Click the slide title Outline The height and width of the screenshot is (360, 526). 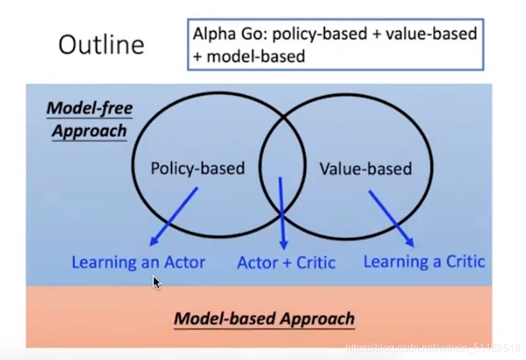pos(101,45)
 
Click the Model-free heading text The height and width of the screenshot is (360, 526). pos(89,108)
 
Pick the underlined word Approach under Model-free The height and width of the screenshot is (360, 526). pos(89,131)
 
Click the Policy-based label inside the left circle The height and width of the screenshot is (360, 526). pos(197,168)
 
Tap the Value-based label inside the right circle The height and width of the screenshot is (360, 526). pos(365,169)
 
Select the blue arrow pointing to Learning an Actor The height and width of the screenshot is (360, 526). pos(173,217)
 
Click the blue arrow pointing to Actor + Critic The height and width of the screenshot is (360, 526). pos(282,214)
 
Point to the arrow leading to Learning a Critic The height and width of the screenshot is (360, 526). pos(391,219)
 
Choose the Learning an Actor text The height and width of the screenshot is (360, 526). pos(138,262)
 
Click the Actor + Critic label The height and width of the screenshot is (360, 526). pos(286,262)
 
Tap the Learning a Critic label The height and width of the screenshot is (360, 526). pos(424,262)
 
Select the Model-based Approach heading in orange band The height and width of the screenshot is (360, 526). pos(264,318)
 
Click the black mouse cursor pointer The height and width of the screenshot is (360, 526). pos(156,282)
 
